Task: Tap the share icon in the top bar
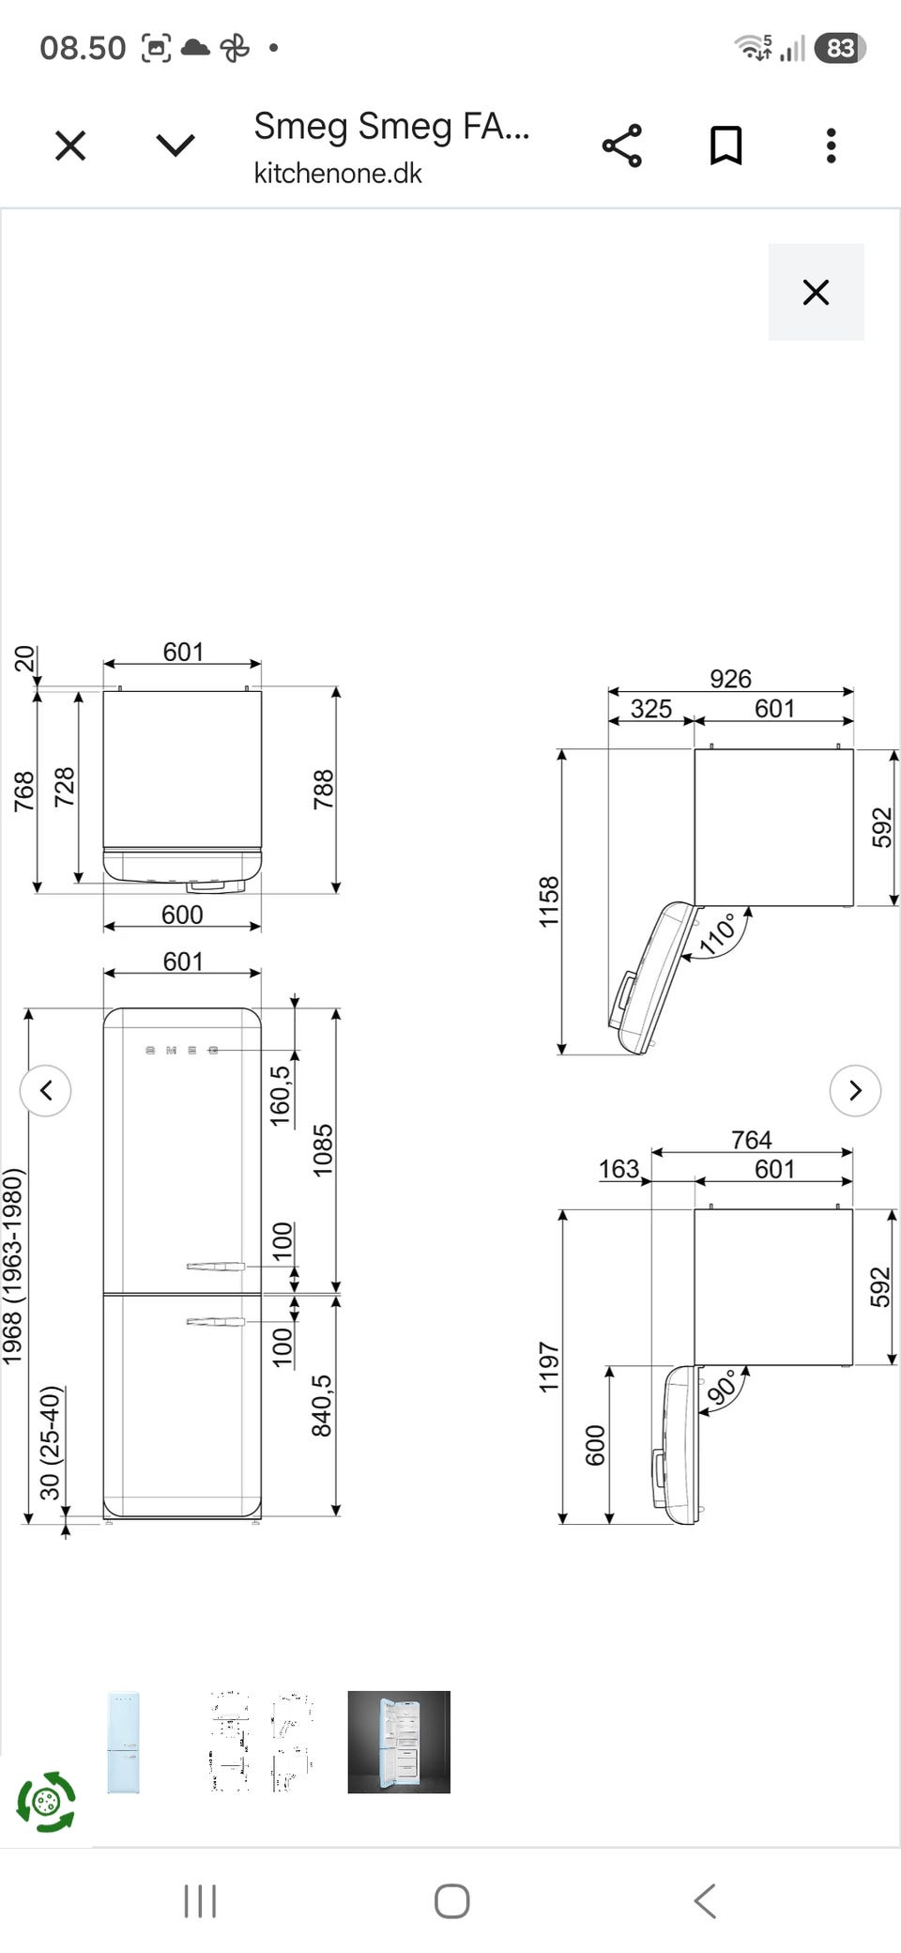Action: point(621,146)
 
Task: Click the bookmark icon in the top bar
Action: point(725,146)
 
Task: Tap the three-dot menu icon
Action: point(831,146)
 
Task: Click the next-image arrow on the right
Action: point(855,1090)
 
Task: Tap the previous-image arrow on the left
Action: point(46,1090)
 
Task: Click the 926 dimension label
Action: point(730,678)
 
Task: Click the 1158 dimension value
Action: point(549,901)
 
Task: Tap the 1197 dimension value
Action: point(549,1366)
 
